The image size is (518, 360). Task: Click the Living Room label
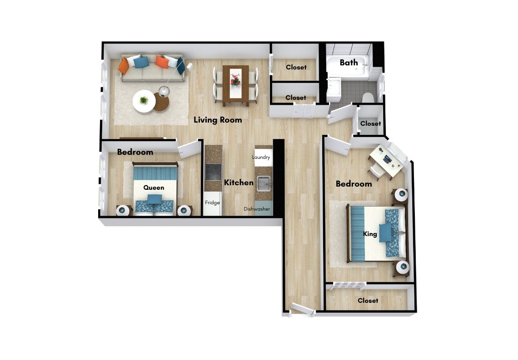tap(218, 120)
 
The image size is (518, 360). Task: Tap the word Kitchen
tap(239, 182)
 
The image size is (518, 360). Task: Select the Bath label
tap(349, 62)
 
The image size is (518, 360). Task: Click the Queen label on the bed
tap(154, 188)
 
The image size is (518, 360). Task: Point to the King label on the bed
tap(370, 234)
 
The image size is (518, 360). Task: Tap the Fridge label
tap(212, 202)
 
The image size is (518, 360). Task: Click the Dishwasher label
tap(257, 209)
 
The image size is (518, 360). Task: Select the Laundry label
tap(261, 157)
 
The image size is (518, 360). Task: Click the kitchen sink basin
tap(264, 183)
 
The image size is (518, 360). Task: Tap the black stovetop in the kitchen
tap(213, 172)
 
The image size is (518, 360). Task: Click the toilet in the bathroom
tap(368, 98)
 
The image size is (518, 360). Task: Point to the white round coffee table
tap(144, 101)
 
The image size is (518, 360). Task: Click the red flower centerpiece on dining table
tap(235, 79)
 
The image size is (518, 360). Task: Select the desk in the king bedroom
tap(387, 161)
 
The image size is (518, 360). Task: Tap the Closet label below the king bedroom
tap(368, 301)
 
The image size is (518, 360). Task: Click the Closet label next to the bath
tap(370, 123)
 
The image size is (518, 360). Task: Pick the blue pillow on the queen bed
tap(154, 199)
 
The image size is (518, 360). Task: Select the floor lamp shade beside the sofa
tap(164, 90)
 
